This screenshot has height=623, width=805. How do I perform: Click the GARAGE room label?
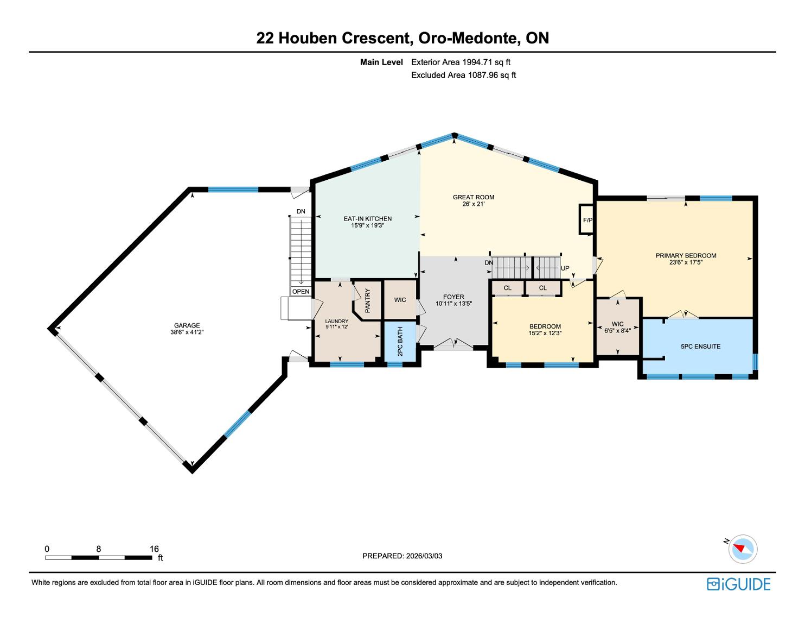point(187,325)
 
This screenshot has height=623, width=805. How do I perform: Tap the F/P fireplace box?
point(587,219)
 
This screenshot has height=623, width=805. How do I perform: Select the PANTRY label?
point(367,301)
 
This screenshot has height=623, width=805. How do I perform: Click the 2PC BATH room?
point(400,341)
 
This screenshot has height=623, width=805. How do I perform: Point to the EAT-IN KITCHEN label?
point(367,219)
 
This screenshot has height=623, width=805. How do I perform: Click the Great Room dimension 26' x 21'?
point(474,204)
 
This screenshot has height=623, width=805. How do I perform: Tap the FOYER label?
point(453,297)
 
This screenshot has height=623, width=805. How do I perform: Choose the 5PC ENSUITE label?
point(700,347)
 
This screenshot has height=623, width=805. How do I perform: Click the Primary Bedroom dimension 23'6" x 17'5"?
point(686,262)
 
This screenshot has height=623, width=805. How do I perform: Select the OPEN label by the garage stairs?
point(301,292)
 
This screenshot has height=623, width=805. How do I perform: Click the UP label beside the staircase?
point(565,268)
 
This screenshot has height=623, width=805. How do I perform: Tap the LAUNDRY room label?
point(337,321)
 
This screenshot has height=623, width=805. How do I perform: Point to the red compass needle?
point(739,548)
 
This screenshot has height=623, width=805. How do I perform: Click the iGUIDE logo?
point(739,584)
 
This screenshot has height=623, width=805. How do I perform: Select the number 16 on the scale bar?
point(154,549)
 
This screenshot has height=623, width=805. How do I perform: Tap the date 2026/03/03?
point(424,556)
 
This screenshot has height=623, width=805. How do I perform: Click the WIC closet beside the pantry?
point(400,300)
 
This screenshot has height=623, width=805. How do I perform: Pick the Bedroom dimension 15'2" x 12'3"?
point(545,333)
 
